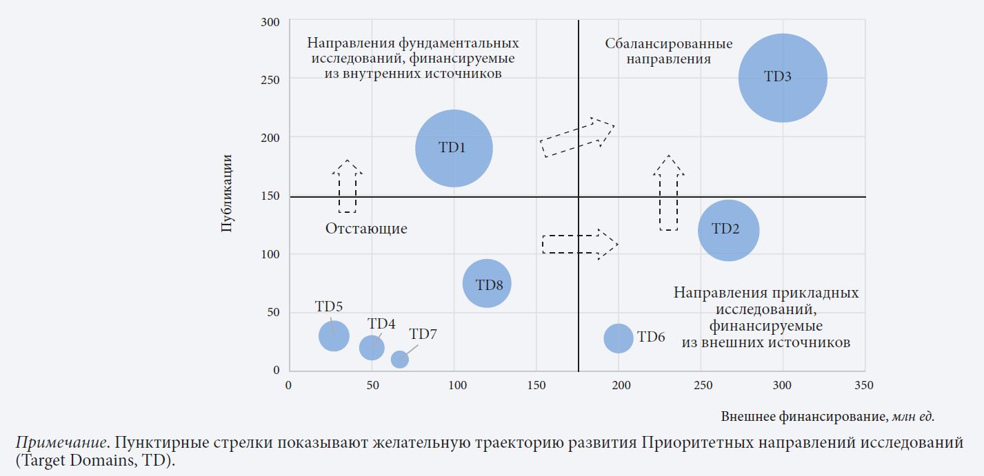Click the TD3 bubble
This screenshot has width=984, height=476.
(x=783, y=78)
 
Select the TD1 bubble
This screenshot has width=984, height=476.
(x=454, y=147)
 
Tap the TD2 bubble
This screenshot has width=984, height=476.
(x=728, y=230)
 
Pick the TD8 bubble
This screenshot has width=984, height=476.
(x=487, y=284)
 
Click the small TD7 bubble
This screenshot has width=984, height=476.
(x=399, y=359)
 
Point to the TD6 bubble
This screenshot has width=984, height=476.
(x=619, y=338)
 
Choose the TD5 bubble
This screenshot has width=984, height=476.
(x=334, y=336)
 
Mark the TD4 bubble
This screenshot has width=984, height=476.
(x=372, y=347)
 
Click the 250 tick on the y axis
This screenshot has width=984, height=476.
(x=270, y=80)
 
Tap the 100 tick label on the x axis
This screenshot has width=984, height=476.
(x=454, y=385)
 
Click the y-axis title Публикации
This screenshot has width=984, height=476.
(x=227, y=195)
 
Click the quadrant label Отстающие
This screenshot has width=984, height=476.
(x=366, y=229)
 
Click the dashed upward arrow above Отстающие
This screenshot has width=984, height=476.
(x=348, y=186)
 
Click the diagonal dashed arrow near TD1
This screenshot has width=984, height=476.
(x=576, y=137)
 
